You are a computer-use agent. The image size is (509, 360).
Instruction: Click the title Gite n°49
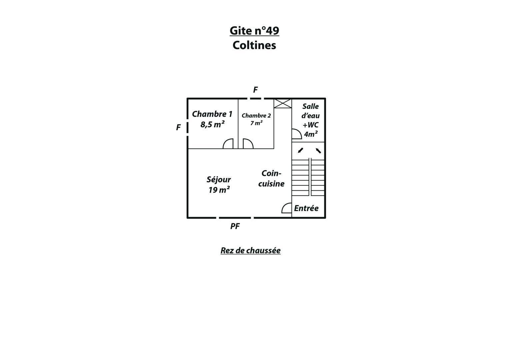click(254, 31)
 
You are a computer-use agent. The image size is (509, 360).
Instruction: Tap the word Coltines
click(254, 45)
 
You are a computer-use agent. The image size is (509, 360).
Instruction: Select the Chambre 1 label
click(212, 114)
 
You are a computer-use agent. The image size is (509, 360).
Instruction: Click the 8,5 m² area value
click(212, 124)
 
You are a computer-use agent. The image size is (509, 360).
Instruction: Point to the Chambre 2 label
click(256, 116)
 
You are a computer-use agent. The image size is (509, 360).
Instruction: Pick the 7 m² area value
click(257, 123)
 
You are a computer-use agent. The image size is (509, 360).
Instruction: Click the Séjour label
click(219, 180)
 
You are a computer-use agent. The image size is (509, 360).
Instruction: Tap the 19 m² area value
click(219, 190)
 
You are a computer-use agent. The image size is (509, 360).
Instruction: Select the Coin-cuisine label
click(271, 179)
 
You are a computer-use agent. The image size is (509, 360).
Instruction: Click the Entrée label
click(306, 208)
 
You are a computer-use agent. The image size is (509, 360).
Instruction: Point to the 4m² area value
click(311, 134)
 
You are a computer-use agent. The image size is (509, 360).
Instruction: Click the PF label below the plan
click(235, 226)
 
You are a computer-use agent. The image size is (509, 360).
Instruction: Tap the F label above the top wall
click(255, 90)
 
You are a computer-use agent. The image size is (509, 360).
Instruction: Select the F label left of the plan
click(178, 127)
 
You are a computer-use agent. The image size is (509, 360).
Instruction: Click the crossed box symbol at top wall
click(283, 104)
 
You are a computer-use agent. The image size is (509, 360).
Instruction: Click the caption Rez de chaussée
click(251, 250)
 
